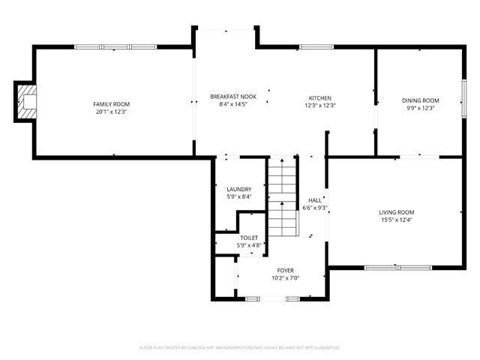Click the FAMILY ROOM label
(111, 103)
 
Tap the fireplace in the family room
(27, 101)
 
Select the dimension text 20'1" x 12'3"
(111, 111)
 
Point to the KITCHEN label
(320, 97)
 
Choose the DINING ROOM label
(418, 100)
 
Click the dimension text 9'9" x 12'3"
(418, 108)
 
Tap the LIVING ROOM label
(396, 212)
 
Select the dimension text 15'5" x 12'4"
(396, 220)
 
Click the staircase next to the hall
(283, 196)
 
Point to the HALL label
(314, 200)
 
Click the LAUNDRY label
(239, 189)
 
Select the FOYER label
(285, 270)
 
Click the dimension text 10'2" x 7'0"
(285, 277)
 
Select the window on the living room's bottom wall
(397, 267)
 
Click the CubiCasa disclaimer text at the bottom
(240, 347)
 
